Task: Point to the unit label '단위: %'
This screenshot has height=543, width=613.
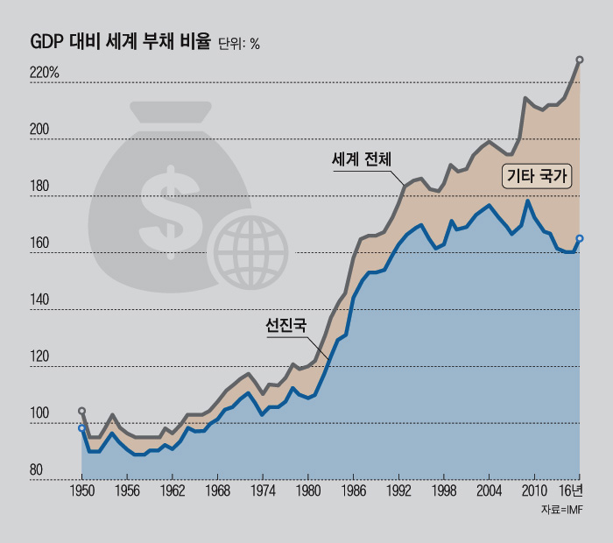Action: pyautogui.click(x=240, y=44)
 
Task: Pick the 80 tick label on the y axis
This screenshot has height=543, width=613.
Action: pyautogui.click(x=37, y=471)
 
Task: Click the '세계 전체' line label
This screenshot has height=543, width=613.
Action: pyautogui.click(x=361, y=160)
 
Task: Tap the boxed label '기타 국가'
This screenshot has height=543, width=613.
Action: pyautogui.click(x=537, y=177)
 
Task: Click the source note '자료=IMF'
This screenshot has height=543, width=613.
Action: pyautogui.click(x=562, y=510)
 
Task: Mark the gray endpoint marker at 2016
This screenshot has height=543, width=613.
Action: pyautogui.click(x=580, y=60)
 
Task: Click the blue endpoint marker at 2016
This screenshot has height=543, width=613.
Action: pyautogui.click(x=580, y=238)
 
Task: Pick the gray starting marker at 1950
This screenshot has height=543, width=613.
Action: pyautogui.click(x=82, y=411)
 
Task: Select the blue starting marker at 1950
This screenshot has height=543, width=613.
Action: pyautogui.click(x=82, y=428)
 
